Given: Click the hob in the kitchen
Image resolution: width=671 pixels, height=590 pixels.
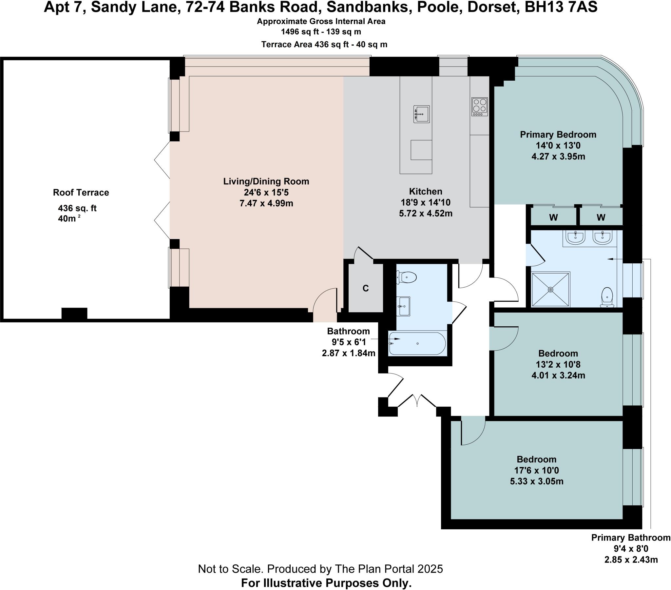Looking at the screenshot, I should [480, 106].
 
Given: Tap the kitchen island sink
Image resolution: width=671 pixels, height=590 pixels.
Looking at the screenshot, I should [421, 114].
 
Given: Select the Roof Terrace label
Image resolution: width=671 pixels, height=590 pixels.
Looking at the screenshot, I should [81, 193].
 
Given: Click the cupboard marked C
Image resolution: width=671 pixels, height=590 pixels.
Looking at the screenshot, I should [365, 288].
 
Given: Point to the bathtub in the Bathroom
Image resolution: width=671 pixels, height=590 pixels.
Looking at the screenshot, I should [417, 343].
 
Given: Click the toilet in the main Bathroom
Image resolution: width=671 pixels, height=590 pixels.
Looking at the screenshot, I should [407, 277].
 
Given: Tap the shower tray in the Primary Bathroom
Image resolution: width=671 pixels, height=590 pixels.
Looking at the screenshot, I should [550, 290].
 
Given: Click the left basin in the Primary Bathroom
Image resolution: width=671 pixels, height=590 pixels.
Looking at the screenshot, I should [576, 237].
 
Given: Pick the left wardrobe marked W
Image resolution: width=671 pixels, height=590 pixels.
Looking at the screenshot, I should [553, 217].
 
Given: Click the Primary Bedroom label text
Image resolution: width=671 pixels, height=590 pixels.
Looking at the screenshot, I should [558, 134].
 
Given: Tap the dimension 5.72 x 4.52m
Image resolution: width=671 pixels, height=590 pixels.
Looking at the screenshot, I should [426, 213].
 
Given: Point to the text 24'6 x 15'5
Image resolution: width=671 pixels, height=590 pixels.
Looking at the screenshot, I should [266, 192].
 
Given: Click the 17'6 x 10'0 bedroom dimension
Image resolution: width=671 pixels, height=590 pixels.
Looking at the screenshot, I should [536, 470].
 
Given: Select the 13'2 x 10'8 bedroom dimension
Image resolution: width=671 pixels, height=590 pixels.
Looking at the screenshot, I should [558, 364].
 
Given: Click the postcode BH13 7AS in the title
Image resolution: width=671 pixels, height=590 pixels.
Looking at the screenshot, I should [561, 7].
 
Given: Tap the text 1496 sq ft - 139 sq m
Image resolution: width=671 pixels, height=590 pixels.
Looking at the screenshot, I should [321, 32].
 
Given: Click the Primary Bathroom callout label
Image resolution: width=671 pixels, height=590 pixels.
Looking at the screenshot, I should [630, 538].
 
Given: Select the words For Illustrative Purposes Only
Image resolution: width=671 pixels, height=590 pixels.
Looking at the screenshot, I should [326, 583].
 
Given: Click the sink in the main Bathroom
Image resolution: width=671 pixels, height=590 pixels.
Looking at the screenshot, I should [404, 306].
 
